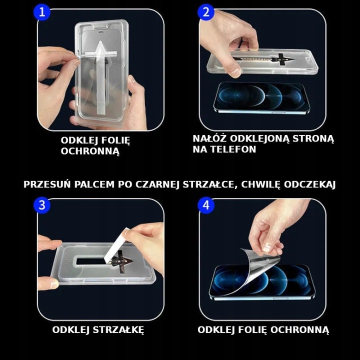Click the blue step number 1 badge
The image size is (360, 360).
tap(42, 12)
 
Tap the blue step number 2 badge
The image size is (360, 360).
tap(205, 12)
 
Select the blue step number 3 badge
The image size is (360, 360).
tap(42, 204)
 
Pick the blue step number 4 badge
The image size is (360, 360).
tap(205, 204)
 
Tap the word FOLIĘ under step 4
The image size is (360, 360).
tap(252, 329)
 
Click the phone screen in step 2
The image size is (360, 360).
tap(260, 97)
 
